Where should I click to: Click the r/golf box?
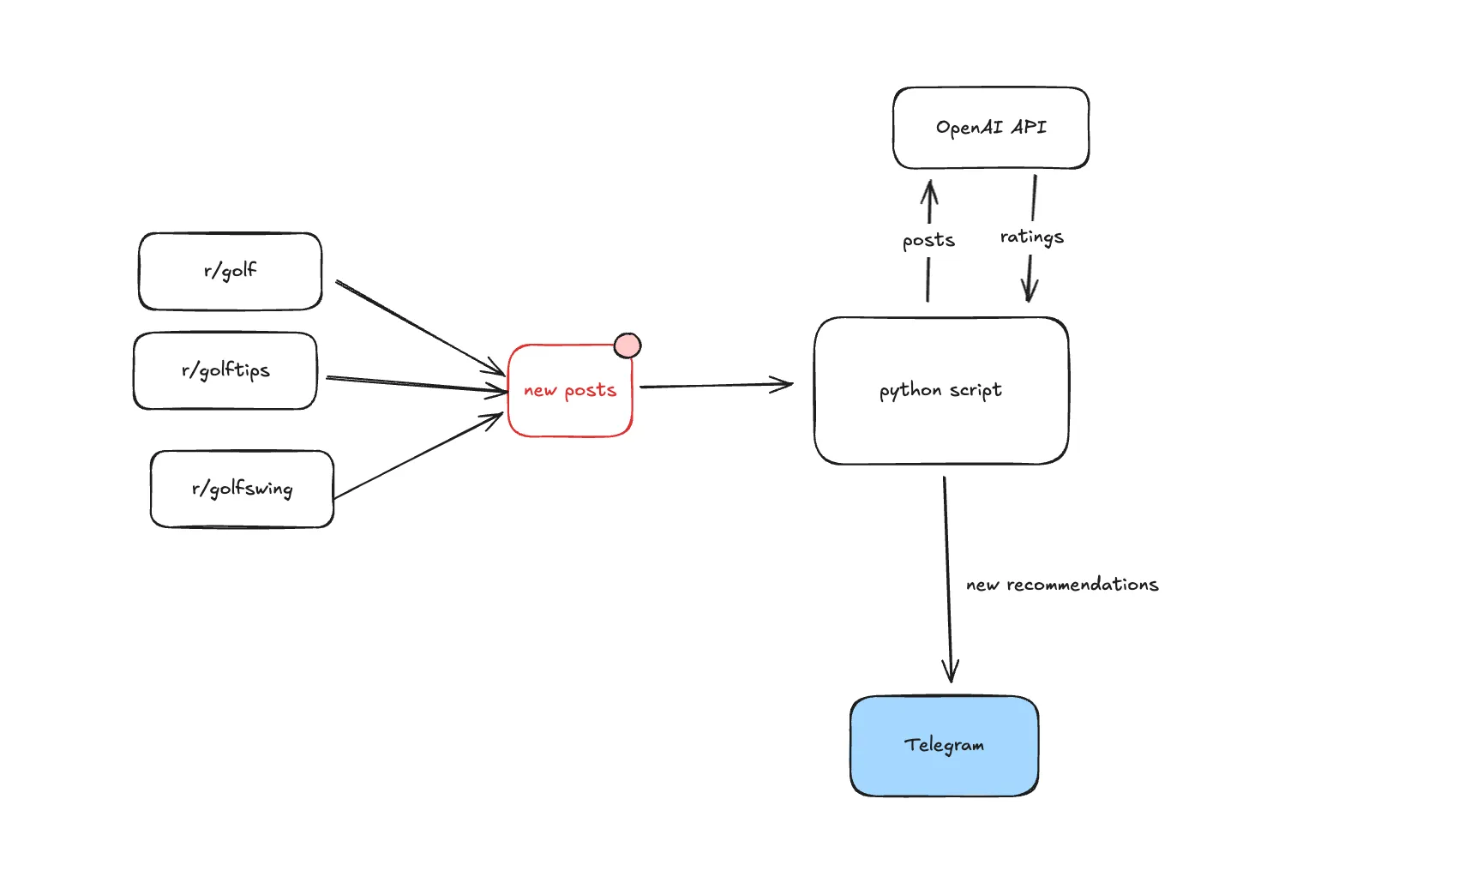click(x=230, y=271)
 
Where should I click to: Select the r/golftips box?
click(x=225, y=370)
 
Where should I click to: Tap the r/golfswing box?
click(x=242, y=489)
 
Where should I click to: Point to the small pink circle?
click(x=627, y=345)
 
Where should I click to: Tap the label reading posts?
click(x=928, y=240)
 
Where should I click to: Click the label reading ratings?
click(x=1031, y=237)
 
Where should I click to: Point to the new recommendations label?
click(x=1062, y=585)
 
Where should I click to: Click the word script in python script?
click(x=976, y=390)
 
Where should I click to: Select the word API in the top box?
click(x=1029, y=127)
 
